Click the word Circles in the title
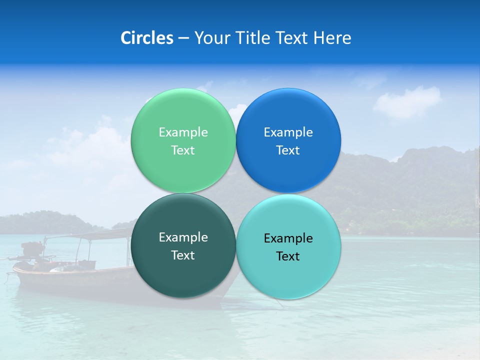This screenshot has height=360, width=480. tap(147, 38)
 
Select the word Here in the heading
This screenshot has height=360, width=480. tap(333, 38)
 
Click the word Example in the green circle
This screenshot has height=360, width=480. tap(183, 132)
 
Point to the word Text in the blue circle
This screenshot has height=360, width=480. tap(288, 150)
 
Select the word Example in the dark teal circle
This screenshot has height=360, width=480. tap(183, 237)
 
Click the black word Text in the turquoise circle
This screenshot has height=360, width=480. tap(288, 256)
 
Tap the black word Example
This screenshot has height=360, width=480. tap(288, 238)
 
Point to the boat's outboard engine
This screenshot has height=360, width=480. tap(32, 248)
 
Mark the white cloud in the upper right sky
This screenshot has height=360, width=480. tap(407, 101)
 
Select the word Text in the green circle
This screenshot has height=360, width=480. tap(183, 150)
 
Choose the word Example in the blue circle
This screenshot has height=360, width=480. tap(288, 132)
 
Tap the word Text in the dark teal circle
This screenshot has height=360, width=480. tap(183, 255)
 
